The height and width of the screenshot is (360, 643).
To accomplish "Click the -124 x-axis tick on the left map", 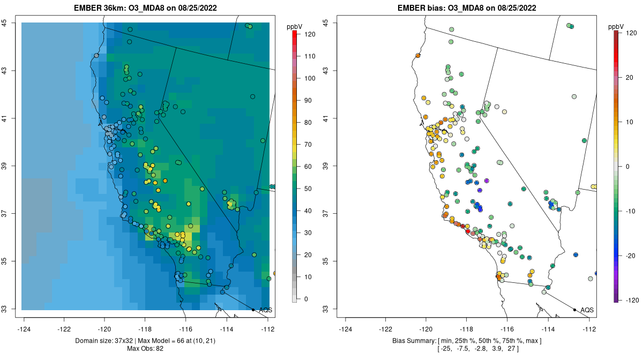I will pyautogui.click(x=24, y=328).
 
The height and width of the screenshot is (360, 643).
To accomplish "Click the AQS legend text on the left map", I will pyautogui.click(x=266, y=310).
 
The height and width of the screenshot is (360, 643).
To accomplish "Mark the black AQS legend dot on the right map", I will pyautogui.click(x=574, y=310).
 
